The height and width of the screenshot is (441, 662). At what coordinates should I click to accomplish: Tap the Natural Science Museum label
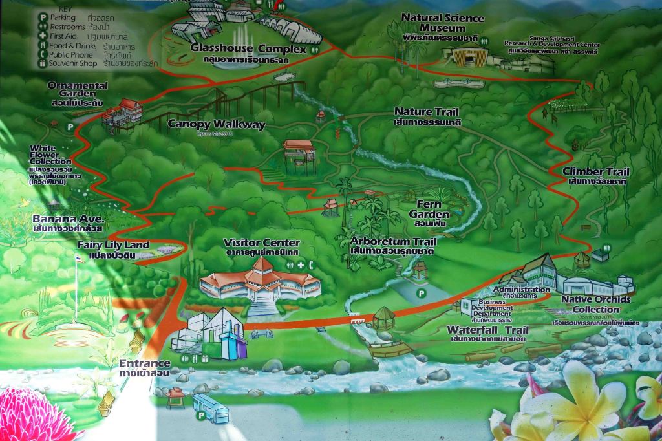pos(433,23)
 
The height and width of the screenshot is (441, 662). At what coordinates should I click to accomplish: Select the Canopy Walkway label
pos(217,124)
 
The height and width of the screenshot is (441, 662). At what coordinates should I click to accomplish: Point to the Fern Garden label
pos(432,214)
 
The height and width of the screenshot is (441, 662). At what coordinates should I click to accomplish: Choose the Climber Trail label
pos(596,172)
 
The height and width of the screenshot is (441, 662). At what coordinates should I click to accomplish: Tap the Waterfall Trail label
pos(489,330)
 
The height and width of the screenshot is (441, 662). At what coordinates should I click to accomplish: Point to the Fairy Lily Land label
pos(113,245)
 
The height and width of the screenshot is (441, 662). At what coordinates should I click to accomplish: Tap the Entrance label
pos(144,363)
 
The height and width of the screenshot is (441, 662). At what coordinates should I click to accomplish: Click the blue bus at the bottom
pos(211,409)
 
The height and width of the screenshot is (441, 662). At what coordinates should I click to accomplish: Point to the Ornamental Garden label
pos(78,89)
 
